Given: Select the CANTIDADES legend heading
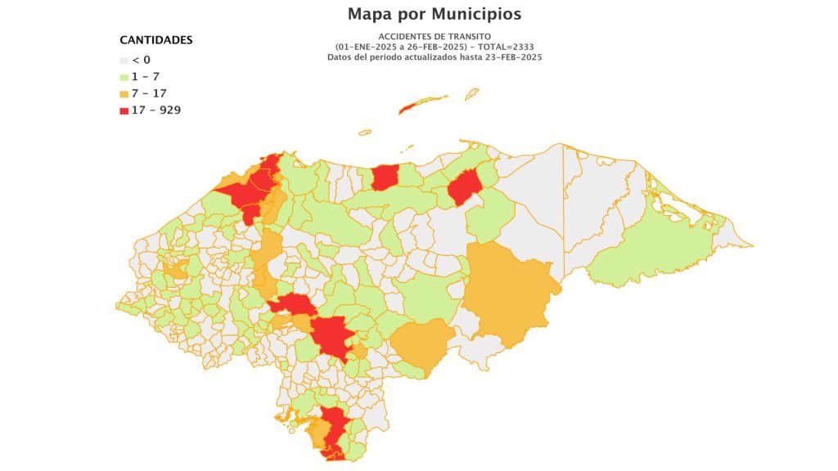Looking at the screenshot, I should pos(156,40).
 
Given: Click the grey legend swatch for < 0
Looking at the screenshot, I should pos(124,61).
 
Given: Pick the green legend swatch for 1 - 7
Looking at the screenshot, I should pos(124,77).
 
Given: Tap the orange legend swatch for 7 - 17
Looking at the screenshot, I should pos(124,93).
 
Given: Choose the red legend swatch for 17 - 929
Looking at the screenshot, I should pos(124,110).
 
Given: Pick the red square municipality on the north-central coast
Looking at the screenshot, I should pos(384,177).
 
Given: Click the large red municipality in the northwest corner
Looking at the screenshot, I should pos(246,193).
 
